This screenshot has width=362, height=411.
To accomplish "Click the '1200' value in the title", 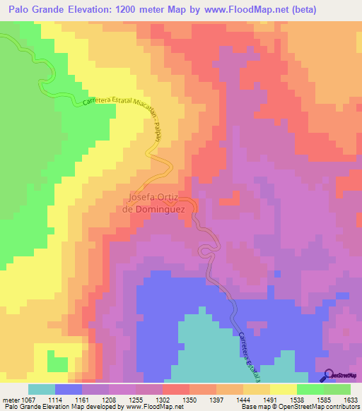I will pyautogui.click(x=140, y=10).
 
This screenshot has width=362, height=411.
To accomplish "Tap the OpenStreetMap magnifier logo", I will pyautogui.click(x=328, y=375).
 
